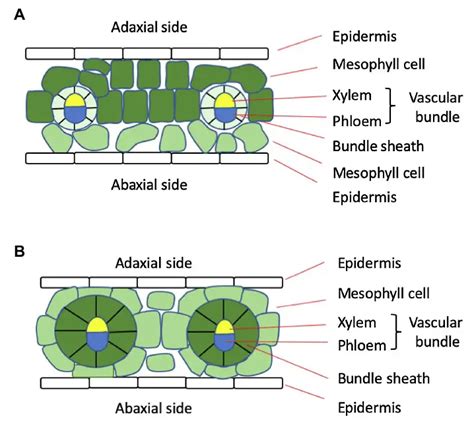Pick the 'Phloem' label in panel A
tap(355, 121)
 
